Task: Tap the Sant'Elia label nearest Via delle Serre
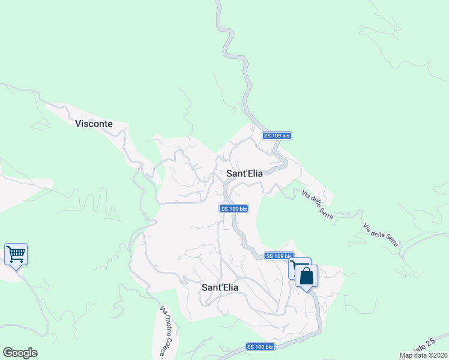[244, 173]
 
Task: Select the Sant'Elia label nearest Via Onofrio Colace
[220, 288]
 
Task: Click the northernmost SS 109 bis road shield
[277, 136]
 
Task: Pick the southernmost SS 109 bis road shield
[260, 347]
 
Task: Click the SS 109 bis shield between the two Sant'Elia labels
[234, 209]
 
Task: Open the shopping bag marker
[306, 277]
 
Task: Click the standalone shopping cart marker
[16, 254]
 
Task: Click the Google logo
[20, 353]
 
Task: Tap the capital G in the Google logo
[7, 353]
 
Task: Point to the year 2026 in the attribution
[439, 356]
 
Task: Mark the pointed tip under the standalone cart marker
[16, 269]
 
